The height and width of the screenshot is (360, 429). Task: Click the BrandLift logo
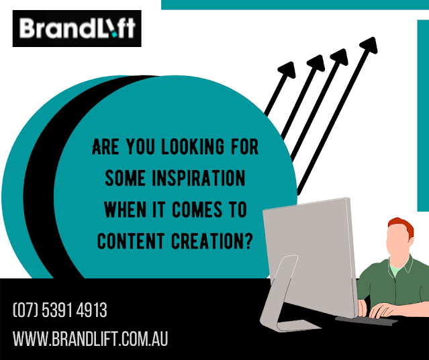[77, 28]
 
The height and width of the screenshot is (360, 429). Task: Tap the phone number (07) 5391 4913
[60, 310]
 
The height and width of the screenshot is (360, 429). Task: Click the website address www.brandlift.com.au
[90, 339]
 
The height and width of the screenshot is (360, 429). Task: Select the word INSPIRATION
[199, 178]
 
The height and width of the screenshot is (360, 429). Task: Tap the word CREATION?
[211, 241]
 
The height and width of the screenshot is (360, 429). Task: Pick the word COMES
[197, 210]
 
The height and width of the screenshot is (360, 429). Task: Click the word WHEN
[125, 210]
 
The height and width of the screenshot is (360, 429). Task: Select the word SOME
[126, 178]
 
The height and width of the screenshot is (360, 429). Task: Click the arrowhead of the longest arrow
[369, 44]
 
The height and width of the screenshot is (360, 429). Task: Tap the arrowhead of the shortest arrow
[287, 70]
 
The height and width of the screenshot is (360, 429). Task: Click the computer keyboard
[367, 320]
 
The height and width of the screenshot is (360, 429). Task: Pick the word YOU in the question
[140, 146]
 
